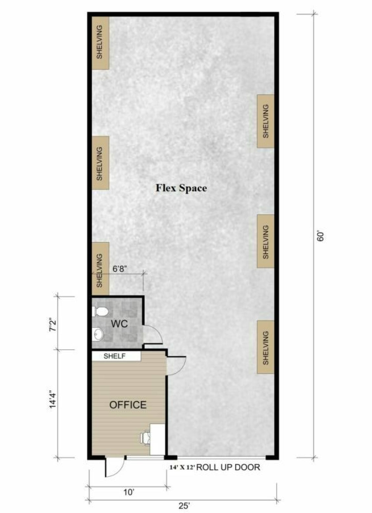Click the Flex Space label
coord(181,188)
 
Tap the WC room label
coord(119,324)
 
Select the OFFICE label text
coord(128,405)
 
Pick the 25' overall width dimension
coord(184,506)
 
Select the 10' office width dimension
coord(129,493)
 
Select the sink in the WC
coord(98,334)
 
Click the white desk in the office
coord(158,439)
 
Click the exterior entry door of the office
coord(114,468)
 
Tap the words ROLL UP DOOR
coord(228,467)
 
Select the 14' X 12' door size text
coord(182,468)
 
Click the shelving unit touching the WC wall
coord(100,269)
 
